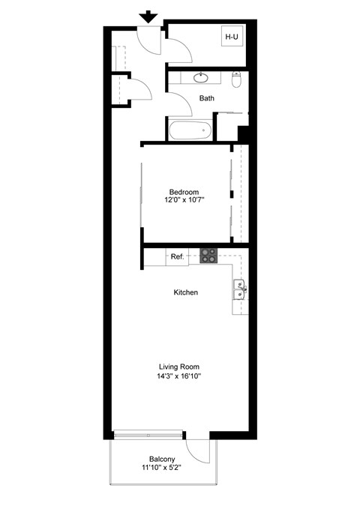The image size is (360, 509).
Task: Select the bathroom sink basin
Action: click(x=202, y=77)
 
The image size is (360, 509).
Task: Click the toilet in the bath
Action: click(x=237, y=79)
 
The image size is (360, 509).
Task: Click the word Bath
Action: click(x=207, y=98)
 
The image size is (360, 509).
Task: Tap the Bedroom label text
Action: click(x=184, y=193)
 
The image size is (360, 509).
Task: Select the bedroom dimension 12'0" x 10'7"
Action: click(x=184, y=201)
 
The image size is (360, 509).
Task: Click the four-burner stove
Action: click(x=208, y=256)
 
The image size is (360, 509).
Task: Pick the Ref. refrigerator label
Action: click(x=177, y=257)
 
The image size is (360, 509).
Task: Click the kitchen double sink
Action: click(x=240, y=289)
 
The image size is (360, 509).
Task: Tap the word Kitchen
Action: click(x=185, y=292)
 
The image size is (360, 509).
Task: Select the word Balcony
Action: click(x=163, y=460)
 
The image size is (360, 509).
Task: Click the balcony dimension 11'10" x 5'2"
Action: click(x=163, y=469)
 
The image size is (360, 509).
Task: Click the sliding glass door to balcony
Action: click(x=148, y=435)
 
